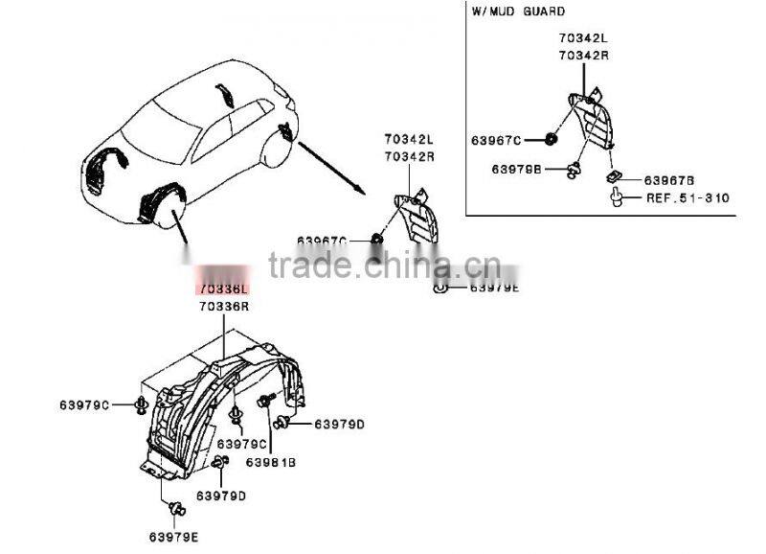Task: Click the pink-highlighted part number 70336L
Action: pyautogui.click(x=223, y=288)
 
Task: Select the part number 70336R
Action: pyautogui.click(x=223, y=306)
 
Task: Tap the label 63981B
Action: pyautogui.click(x=273, y=461)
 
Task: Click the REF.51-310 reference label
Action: pyautogui.click(x=687, y=198)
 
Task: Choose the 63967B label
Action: pyautogui.click(x=668, y=179)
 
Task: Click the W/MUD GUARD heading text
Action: pyautogui.click(x=518, y=12)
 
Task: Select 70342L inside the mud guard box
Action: pyautogui.click(x=584, y=37)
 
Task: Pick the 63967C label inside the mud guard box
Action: pyautogui.click(x=496, y=141)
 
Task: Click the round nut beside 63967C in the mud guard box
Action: pyautogui.click(x=552, y=141)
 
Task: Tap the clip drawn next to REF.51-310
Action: pyautogui.click(x=619, y=199)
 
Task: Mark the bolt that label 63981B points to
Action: pyautogui.click(x=264, y=401)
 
